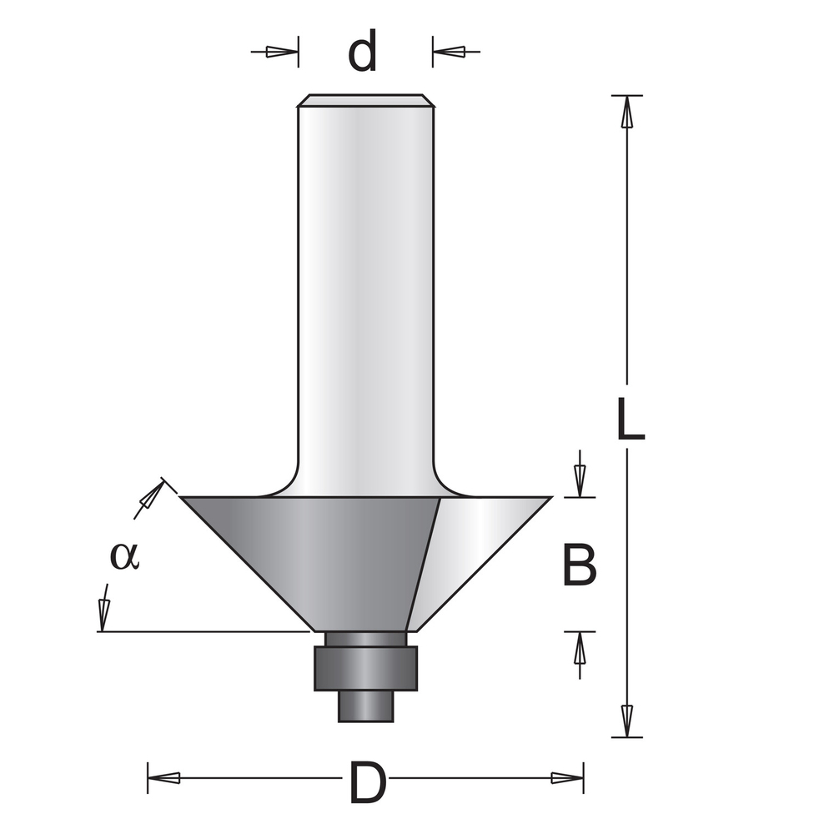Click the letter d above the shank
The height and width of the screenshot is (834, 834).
point(362,51)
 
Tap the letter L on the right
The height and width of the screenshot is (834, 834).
point(631,419)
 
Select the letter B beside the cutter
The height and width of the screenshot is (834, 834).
point(580,565)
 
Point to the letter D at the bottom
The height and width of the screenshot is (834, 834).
point(367,783)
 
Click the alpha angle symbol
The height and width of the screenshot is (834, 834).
point(124,555)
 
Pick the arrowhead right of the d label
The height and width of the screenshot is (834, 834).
point(450,52)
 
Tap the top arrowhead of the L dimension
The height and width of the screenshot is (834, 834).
point(627,112)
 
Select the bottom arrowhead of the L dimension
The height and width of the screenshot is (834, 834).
point(627,721)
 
